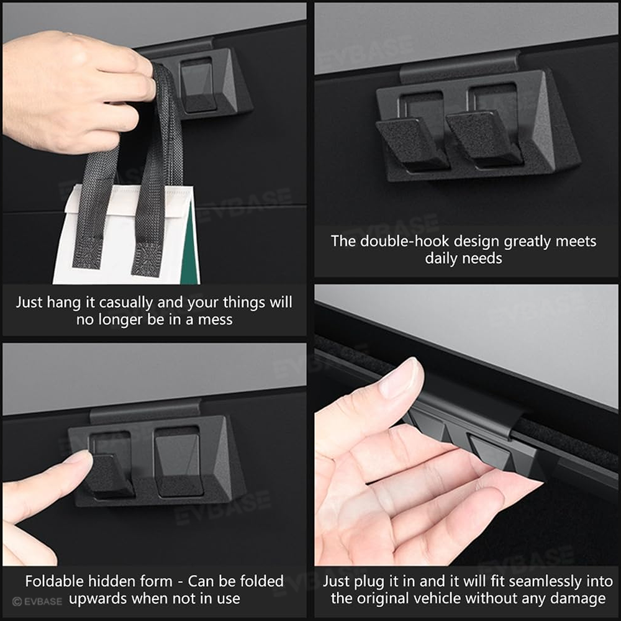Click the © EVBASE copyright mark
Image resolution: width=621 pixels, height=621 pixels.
click(x=37, y=601)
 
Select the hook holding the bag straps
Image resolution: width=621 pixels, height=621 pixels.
click(x=197, y=87)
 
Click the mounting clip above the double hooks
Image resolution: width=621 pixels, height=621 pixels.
click(x=460, y=66)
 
